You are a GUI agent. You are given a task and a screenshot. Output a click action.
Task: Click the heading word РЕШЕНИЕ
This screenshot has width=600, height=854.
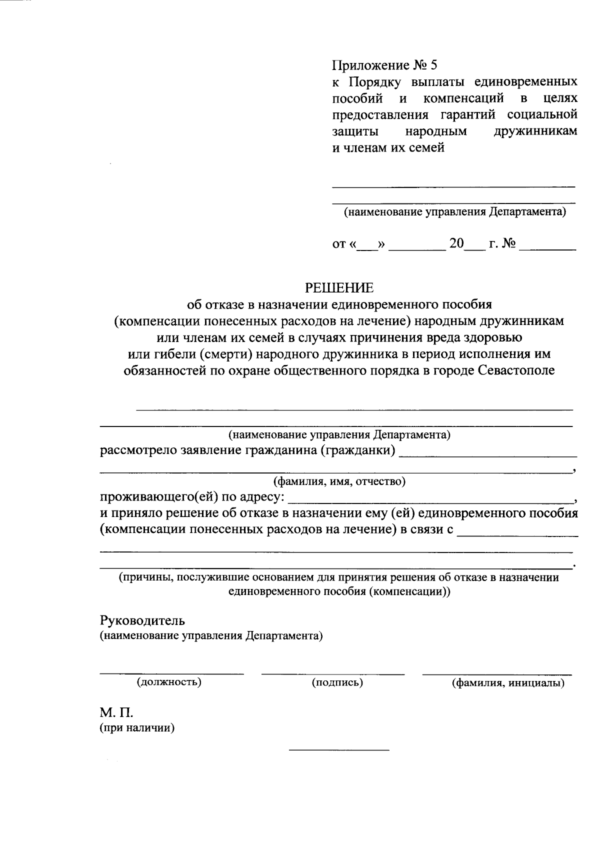coord(339,288)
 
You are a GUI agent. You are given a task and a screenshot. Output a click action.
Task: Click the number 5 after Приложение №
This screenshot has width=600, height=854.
coord(433,65)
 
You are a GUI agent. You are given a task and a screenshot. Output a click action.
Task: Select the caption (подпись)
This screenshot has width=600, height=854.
coord(337,682)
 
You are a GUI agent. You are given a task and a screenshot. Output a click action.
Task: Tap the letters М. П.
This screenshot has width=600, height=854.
coord(116,711)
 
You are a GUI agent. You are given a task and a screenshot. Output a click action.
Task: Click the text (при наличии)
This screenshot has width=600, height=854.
coord(137,728)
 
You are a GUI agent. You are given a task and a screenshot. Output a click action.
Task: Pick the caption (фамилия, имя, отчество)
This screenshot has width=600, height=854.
coord(338,481)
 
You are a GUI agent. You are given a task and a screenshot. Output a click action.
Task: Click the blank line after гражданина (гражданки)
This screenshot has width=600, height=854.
coord(489,455)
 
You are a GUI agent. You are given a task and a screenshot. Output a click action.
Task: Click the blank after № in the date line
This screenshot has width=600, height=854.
coord(547,248)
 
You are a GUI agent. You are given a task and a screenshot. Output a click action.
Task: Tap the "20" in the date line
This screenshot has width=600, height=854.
coord(456,244)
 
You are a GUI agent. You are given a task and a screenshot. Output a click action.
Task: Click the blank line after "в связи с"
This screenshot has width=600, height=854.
coord(517,535)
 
